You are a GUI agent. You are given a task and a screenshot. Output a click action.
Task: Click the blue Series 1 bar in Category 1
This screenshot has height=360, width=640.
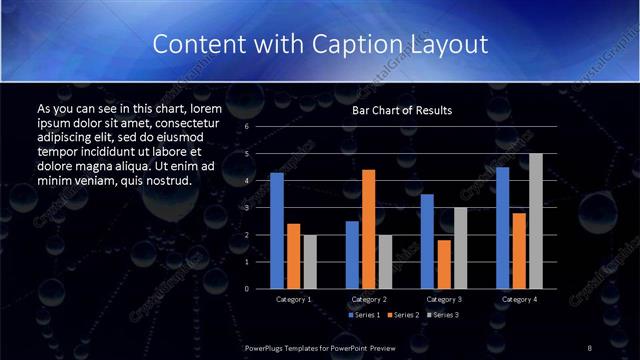point(277,231)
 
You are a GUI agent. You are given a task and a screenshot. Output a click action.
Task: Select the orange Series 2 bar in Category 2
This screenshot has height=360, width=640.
point(368,229)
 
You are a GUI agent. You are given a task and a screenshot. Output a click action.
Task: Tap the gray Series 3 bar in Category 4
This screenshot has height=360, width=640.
point(535,221)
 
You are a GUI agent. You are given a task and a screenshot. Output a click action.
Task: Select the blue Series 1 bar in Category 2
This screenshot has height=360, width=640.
point(352,255)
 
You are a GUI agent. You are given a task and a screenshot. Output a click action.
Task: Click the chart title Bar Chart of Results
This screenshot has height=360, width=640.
point(402,110)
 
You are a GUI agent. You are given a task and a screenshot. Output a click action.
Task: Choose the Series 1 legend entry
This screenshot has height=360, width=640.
point(364,314)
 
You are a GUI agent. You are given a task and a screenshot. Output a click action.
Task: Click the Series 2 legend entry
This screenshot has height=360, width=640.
point(404,314)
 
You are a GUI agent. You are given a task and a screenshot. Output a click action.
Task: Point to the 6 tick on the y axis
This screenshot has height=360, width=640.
point(247,127)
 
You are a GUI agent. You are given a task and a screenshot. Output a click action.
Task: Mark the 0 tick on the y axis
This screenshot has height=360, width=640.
point(247,289)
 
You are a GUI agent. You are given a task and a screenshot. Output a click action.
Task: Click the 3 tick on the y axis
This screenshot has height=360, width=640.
point(247,208)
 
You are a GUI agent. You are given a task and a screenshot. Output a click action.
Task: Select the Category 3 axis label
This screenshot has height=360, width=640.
point(443,299)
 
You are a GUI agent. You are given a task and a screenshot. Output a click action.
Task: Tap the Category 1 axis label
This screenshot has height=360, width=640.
point(293,299)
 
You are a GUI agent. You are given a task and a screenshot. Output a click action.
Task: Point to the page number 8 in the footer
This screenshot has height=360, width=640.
point(589,347)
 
